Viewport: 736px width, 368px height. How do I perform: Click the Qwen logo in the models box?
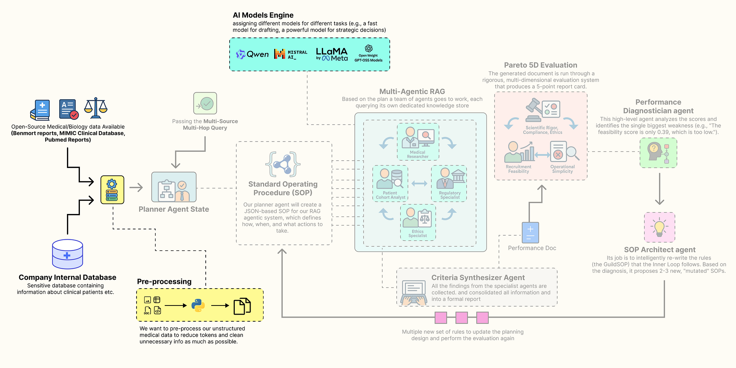tap(252, 54)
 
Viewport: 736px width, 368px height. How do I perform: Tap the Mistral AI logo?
tap(291, 54)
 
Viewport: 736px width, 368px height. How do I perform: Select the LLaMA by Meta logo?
tap(332, 54)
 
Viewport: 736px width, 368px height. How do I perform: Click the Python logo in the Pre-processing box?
tap(198, 306)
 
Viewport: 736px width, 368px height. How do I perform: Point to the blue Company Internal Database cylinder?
tap(67, 254)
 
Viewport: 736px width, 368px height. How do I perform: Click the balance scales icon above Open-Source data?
tap(96, 108)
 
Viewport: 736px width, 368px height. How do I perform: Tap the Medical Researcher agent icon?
tap(418, 138)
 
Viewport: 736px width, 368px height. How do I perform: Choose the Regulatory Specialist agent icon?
tap(449, 179)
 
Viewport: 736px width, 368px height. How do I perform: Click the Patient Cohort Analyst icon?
tap(390, 179)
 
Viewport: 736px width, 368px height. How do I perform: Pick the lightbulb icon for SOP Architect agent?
tap(659, 227)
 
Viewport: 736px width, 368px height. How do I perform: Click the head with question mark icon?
tap(658, 153)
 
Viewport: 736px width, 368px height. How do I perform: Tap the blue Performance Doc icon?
tap(530, 232)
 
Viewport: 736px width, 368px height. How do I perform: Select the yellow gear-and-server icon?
tap(112, 190)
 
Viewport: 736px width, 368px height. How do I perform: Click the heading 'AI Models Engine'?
tap(263, 15)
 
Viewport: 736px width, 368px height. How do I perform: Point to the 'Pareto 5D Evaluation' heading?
tap(541, 65)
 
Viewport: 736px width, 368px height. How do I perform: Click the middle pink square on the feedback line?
tap(461, 318)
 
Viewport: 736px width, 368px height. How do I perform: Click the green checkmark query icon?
tap(205, 103)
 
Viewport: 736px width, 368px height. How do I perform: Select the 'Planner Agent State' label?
tap(174, 209)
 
